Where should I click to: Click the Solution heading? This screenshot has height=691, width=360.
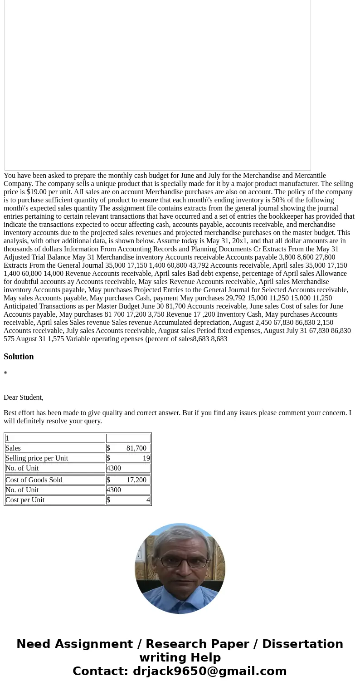click(19, 357)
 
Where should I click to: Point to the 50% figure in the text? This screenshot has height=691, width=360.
click(279, 200)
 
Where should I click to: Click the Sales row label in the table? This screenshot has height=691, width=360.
click(13, 448)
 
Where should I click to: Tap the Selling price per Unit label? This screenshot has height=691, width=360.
click(37, 458)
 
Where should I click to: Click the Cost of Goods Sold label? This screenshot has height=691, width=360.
click(34, 480)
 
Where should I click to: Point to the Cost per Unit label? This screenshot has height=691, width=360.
click(25, 500)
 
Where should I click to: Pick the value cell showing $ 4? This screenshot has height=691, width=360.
click(128, 500)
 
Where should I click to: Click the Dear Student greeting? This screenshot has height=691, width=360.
click(24, 397)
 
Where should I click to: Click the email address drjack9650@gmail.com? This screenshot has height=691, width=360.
click(209, 671)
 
